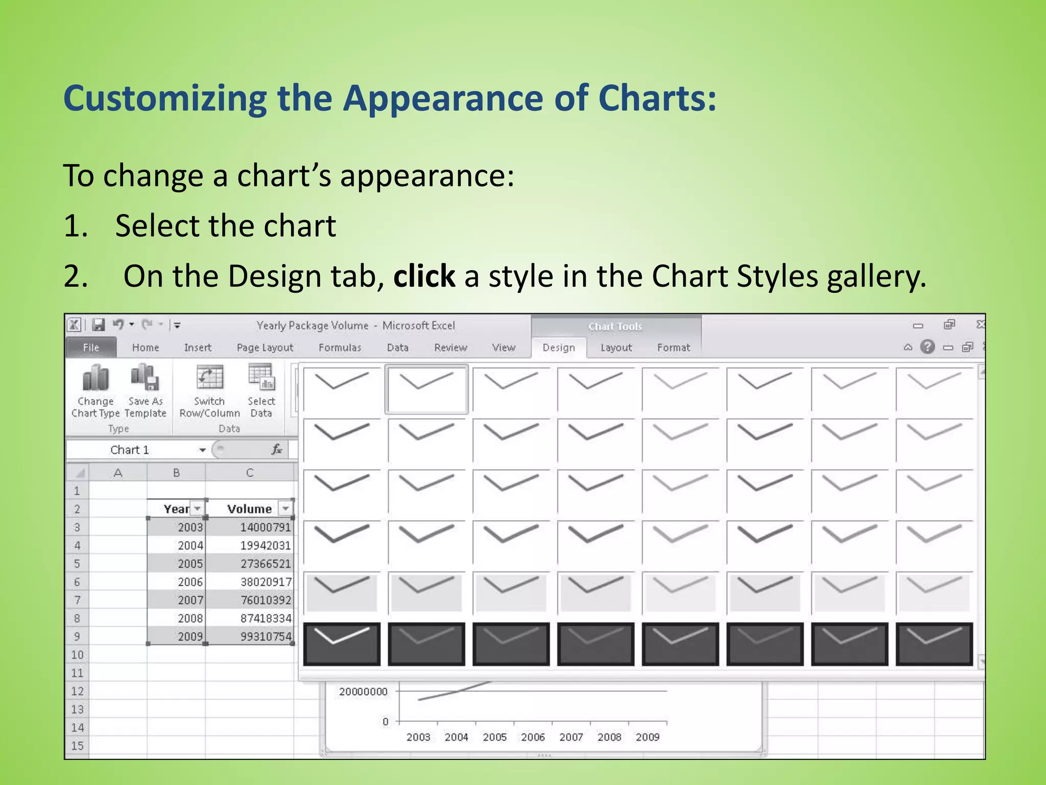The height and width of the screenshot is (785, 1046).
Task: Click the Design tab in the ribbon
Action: tap(558, 348)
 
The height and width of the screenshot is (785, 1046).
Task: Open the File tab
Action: tap(91, 348)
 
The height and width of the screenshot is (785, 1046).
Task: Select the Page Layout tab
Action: tap(265, 348)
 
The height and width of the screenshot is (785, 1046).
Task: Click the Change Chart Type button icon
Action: tap(96, 379)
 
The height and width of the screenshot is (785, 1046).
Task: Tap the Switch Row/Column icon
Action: tap(209, 378)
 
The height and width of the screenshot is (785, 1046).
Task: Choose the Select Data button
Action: tap(261, 378)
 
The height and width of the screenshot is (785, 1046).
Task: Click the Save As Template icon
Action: tap(145, 378)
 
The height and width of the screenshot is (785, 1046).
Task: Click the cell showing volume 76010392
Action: tap(266, 600)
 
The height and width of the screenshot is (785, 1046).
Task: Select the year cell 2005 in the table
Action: tap(190, 564)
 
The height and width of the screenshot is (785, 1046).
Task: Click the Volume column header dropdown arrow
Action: tap(286, 509)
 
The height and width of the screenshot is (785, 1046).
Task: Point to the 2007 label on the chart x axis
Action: tap(571, 737)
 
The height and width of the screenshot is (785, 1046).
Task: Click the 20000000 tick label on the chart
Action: tap(363, 691)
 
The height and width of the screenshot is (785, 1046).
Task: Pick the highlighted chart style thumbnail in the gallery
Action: tap(426, 388)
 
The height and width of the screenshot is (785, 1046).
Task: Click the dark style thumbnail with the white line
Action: tap(342, 644)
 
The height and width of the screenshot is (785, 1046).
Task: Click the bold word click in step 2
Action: tap(424, 276)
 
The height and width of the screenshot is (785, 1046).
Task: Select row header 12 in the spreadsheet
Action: tap(77, 691)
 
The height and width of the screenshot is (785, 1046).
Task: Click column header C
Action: tap(249, 473)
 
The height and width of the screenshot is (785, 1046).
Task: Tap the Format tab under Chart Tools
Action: tap(673, 348)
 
